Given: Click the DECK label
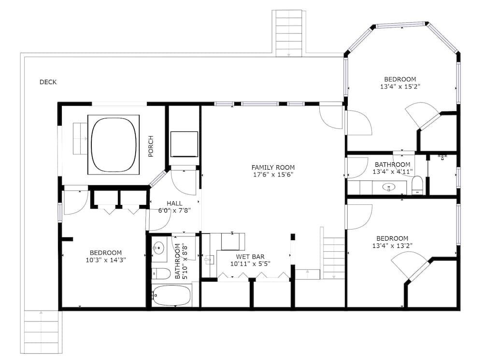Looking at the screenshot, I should (48, 82).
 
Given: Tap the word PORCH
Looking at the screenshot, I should (151, 146).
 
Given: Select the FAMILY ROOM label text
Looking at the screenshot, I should (273, 167).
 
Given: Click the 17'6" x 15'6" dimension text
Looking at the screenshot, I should (273, 174).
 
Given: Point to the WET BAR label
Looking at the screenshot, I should (250, 257).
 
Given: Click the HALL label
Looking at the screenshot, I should (174, 203).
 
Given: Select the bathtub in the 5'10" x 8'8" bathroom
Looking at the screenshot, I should (171, 295).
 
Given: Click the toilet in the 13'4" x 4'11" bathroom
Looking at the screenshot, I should (417, 185).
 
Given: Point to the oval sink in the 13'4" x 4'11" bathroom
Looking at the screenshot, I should (388, 187).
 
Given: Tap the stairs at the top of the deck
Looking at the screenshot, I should (289, 32).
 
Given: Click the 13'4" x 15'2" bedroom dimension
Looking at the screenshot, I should (400, 87).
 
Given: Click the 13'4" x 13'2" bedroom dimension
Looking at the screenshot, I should (392, 245).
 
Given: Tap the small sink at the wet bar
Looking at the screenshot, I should (209, 260).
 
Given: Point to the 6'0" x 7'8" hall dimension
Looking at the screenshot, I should (174, 211).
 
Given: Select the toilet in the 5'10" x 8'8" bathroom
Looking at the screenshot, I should (161, 274).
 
